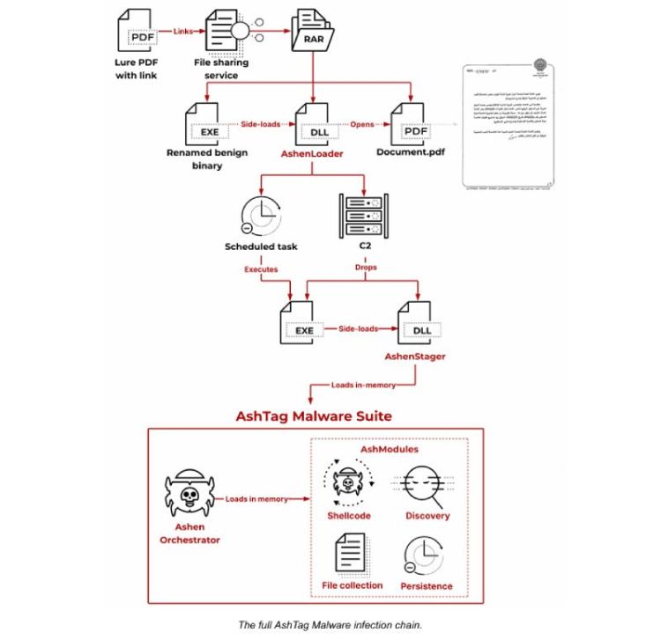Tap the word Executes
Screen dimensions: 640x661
coord(260,268)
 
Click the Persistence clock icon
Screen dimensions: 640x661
coord(424,556)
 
